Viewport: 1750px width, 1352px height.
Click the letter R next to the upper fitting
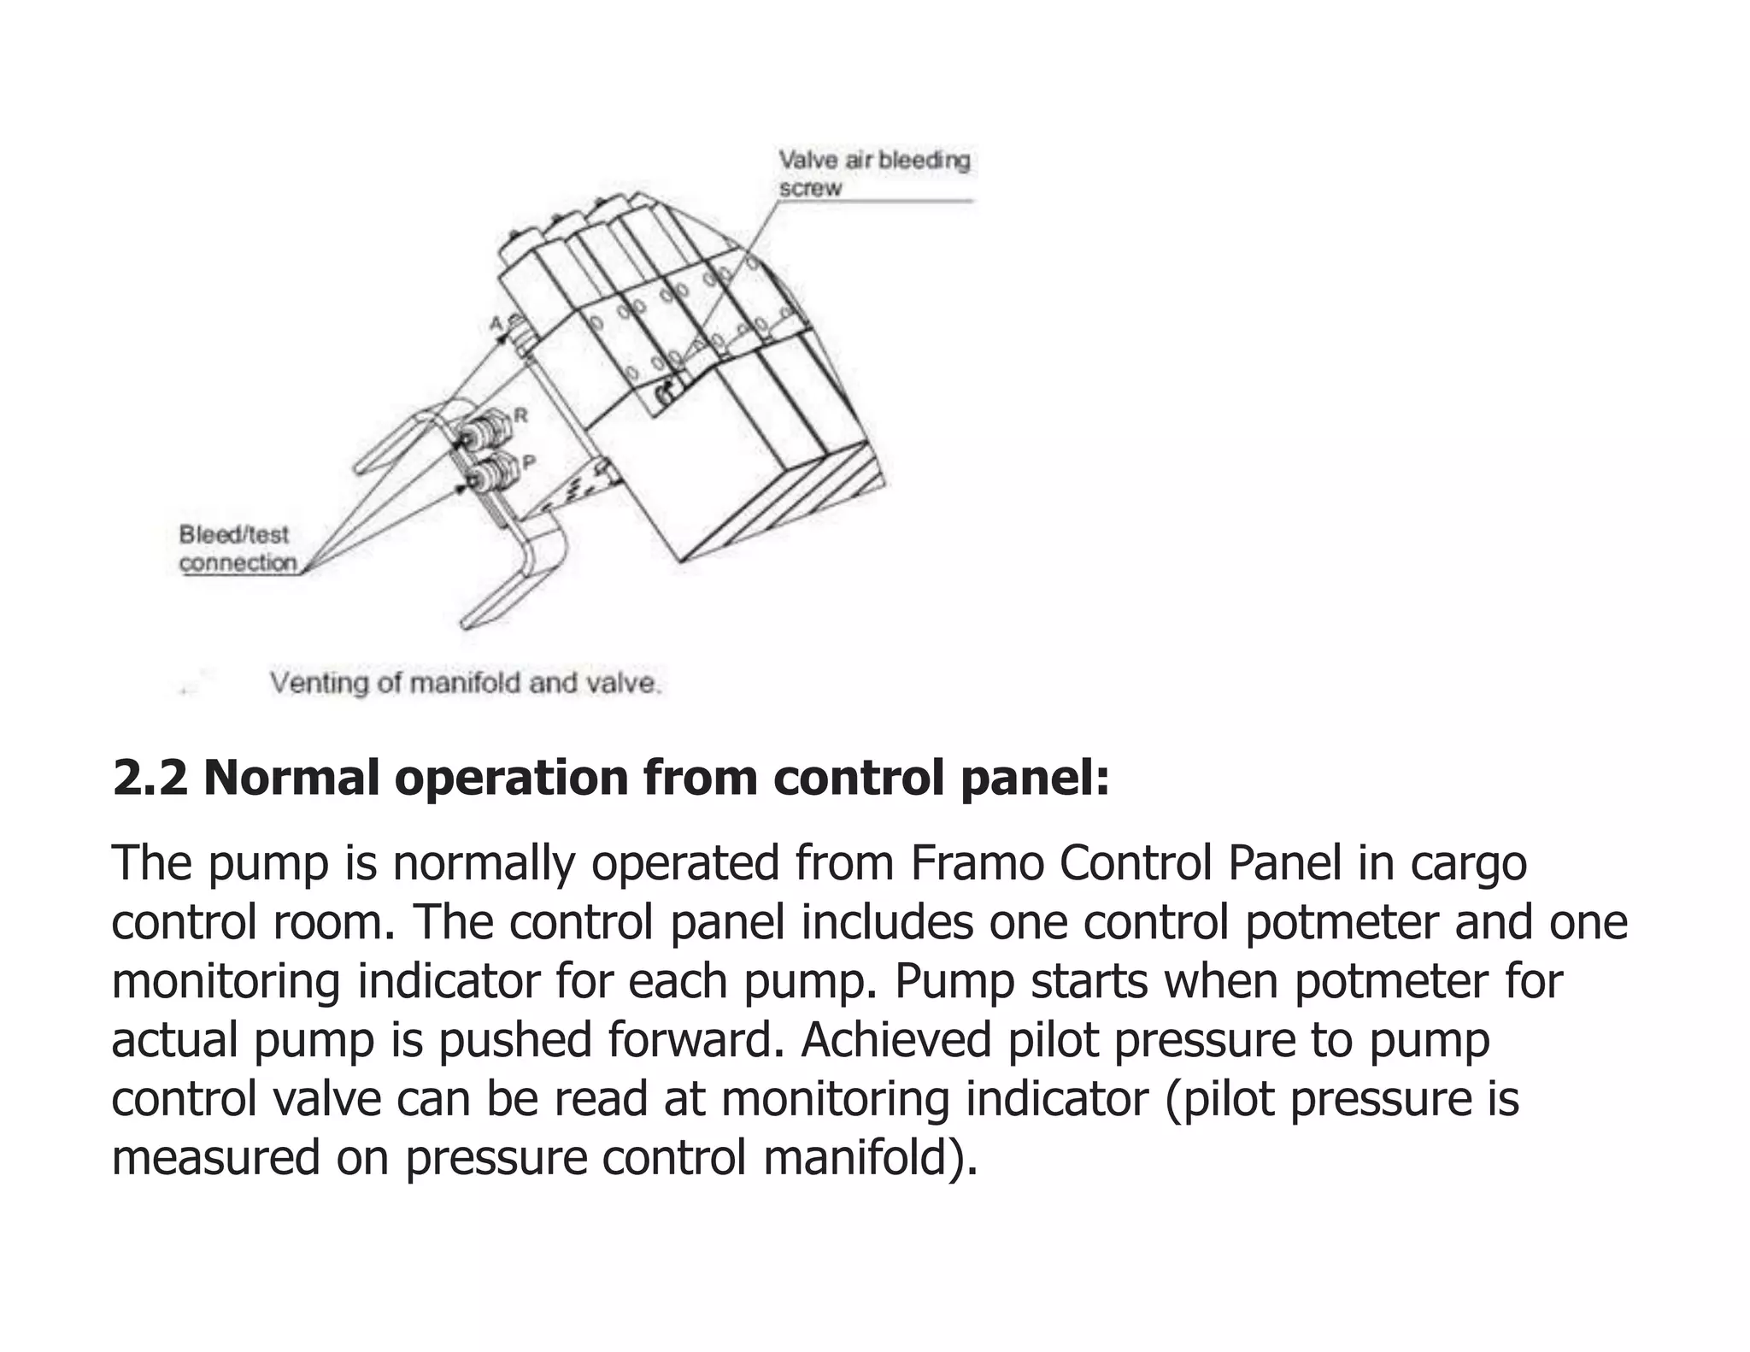pyautogui.click(x=520, y=416)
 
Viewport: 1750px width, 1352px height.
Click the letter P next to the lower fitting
pyautogui.click(x=528, y=462)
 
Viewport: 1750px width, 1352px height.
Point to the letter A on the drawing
pyautogui.click(x=496, y=323)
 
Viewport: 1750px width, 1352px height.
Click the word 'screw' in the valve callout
pyautogui.click(x=809, y=188)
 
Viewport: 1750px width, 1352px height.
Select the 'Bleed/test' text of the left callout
pyautogui.click(x=233, y=535)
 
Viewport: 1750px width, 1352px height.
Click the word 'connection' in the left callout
pyautogui.click(x=238, y=563)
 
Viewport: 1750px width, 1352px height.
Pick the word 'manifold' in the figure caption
pyautogui.click(x=465, y=683)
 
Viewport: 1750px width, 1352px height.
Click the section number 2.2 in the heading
pyautogui.click(x=150, y=778)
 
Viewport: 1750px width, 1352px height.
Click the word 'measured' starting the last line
pyautogui.click(x=214, y=1157)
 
